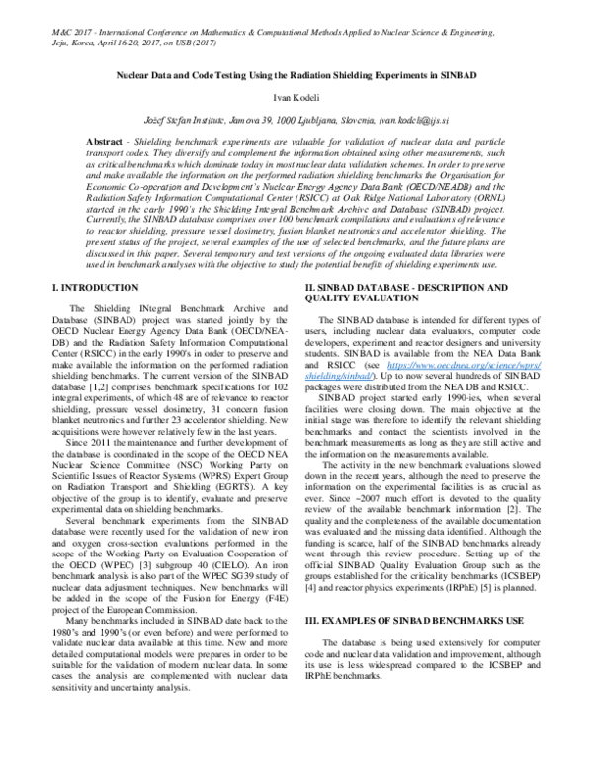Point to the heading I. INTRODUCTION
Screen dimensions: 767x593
(x=95, y=287)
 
